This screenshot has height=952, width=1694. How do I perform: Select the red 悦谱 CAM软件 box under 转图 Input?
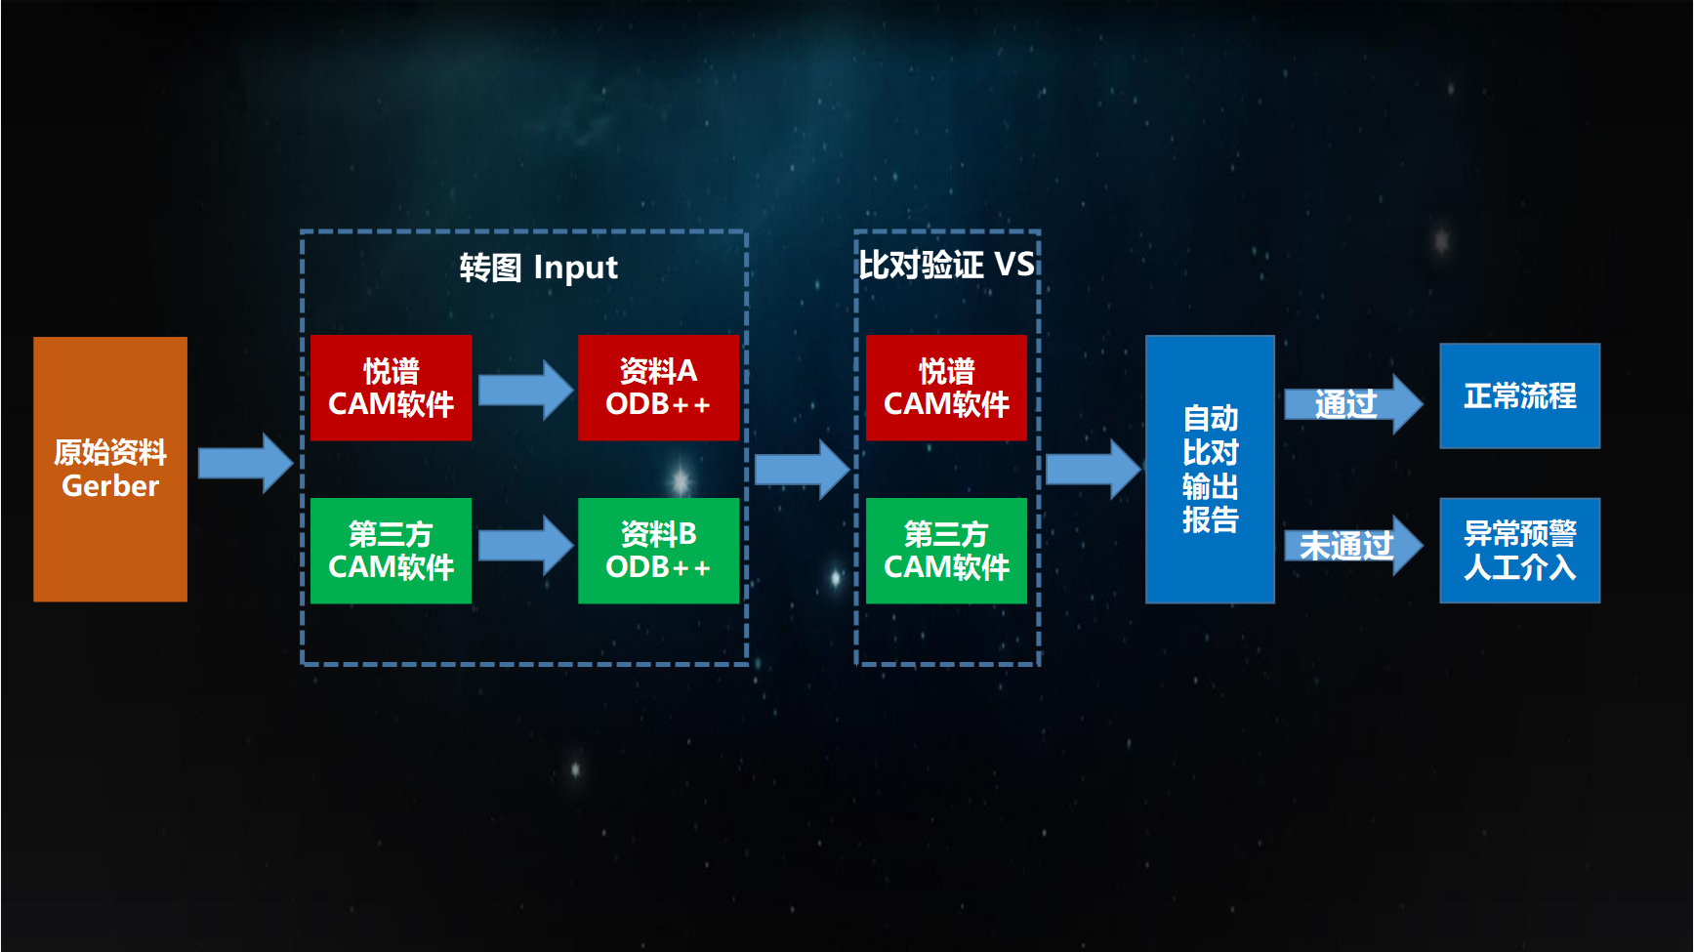(x=391, y=388)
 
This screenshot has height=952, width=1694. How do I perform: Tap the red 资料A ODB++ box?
(x=658, y=388)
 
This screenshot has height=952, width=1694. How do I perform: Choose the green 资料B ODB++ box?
(x=658, y=551)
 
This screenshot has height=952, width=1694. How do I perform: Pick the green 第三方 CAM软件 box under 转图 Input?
(x=391, y=551)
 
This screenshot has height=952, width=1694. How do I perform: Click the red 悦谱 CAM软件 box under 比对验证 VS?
(x=946, y=388)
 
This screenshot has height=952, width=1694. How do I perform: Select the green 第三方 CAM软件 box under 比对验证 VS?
(x=946, y=551)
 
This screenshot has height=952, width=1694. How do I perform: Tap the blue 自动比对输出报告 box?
(x=1210, y=469)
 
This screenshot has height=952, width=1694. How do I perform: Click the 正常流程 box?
(x=1519, y=395)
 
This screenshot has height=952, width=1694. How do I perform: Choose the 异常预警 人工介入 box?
(x=1519, y=551)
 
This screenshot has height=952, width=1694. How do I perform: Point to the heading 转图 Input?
(x=538, y=267)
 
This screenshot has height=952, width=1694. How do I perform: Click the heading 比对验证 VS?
(x=946, y=265)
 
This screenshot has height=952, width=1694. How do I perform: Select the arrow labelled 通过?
(x=1351, y=403)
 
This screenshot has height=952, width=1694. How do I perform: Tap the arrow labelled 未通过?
(x=1351, y=545)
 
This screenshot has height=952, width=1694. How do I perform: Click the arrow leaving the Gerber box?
(x=244, y=463)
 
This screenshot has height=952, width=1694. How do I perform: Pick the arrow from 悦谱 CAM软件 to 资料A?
(x=525, y=389)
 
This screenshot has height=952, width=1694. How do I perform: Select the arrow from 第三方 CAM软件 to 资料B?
(x=525, y=545)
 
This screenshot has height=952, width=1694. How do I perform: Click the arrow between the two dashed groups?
(x=802, y=469)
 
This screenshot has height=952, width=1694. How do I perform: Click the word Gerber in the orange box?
(x=110, y=485)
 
